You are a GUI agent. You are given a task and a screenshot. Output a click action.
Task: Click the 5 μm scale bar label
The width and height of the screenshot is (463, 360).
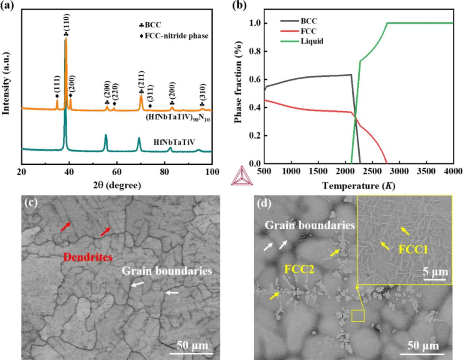pyautogui.click(x=435, y=272)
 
